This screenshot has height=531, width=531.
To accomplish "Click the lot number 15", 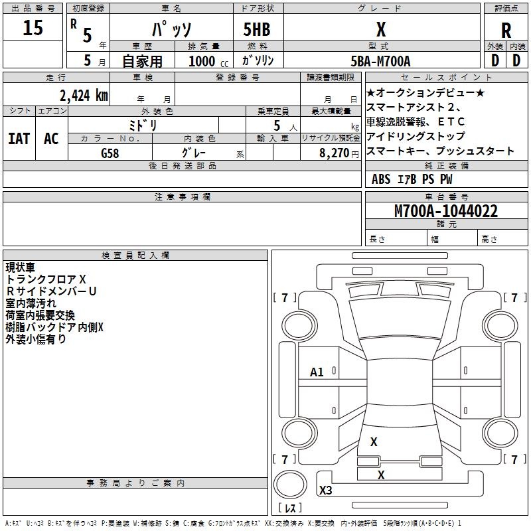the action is click(33, 27).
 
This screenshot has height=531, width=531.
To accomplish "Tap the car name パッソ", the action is click(172, 29).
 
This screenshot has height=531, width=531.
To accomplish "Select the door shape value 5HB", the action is click(257, 29).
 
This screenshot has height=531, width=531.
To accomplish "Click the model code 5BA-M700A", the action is click(380, 61).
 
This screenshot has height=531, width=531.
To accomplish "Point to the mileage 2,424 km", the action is click(84, 96).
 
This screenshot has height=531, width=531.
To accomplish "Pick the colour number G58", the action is click(110, 153).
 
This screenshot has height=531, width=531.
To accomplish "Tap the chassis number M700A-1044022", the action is click(446, 211).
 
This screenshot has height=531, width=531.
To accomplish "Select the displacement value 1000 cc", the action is click(208, 61).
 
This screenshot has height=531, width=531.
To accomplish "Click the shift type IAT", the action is click(19, 139).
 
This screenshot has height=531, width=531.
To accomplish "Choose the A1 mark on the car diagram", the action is click(317, 372).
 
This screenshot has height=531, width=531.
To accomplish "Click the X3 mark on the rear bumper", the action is click(325, 490).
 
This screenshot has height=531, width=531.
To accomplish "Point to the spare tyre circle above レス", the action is click(290, 485).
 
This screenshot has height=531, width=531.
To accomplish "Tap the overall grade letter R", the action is click(506, 31).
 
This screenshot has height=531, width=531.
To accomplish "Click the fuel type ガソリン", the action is click(258, 60).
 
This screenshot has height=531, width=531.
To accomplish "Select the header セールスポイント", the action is click(446, 78).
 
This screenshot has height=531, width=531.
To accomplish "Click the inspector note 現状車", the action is click(21, 267).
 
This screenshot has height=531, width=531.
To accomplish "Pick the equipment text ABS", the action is click(381, 179).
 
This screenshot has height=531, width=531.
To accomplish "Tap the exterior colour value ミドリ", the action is click(143, 125).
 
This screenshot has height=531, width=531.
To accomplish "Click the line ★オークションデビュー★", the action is click(425, 92).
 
